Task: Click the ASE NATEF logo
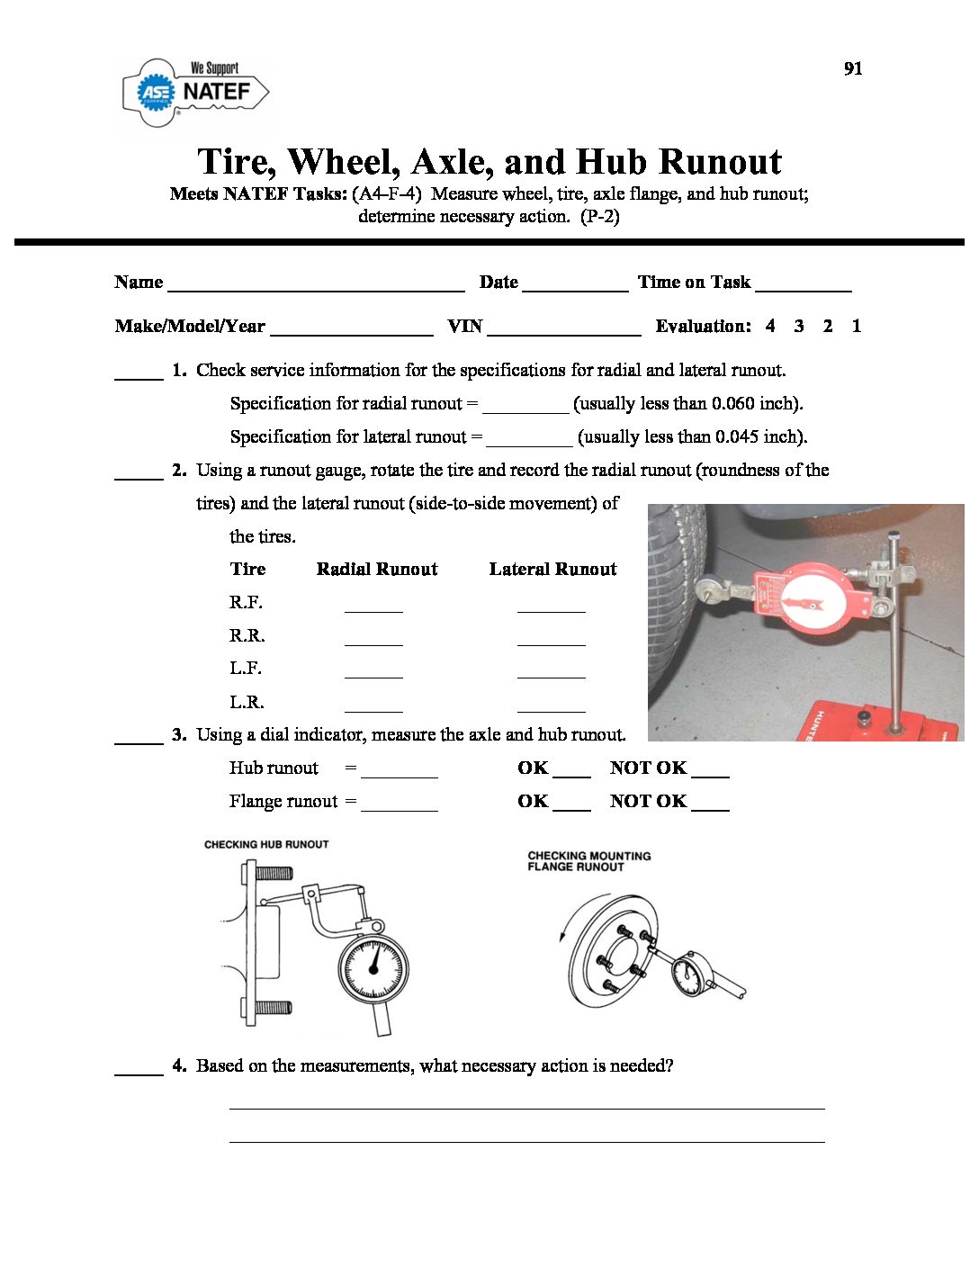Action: pyautogui.click(x=195, y=91)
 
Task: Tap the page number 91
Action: pyautogui.click(x=853, y=68)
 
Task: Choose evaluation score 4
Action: pyautogui.click(x=770, y=326)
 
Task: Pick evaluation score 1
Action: pyautogui.click(x=857, y=326)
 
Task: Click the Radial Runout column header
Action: pyautogui.click(x=377, y=569)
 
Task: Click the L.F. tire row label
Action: pyautogui.click(x=246, y=668)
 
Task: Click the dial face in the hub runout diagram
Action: pyautogui.click(x=373, y=967)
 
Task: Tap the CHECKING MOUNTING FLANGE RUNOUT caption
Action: pyautogui.click(x=588, y=861)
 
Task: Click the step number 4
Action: pyautogui.click(x=179, y=1065)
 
